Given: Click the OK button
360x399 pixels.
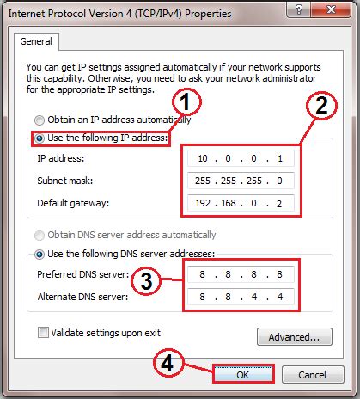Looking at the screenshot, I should (x=243, y=374).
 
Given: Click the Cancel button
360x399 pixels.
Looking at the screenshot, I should (x=311, y=374).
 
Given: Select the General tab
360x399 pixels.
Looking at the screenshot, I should (x=37, y=40).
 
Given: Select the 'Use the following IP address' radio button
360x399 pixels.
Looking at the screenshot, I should (x=39, y=138).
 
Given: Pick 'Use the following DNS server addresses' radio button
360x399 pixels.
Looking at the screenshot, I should (x=39, y=254).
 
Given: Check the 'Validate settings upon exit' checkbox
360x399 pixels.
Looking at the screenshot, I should (x=42, y=332).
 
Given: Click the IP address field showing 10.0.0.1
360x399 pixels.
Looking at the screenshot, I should (x=244, y=159).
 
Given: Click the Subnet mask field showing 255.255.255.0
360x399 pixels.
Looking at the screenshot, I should (x=244, y=181).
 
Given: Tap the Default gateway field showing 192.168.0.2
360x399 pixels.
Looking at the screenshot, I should (x=244, y=205).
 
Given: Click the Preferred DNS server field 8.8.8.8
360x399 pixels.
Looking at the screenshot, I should (x=244, y=276).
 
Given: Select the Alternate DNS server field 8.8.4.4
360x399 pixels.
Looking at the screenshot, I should (x=244, y=298).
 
